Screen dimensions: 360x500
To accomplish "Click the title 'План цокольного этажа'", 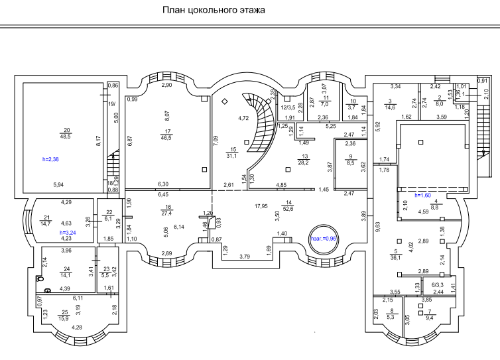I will (213, 11).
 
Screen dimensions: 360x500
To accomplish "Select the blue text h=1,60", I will (424, 196).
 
